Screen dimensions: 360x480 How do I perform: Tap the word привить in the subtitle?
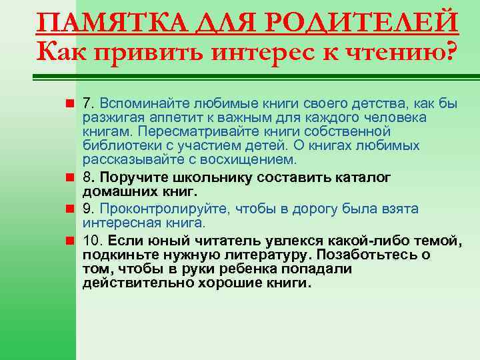click(151, 51)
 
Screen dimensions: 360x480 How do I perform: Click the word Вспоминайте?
click(141, 104)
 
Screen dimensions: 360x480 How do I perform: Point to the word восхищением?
click(253, 159)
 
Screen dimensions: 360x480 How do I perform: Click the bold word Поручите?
click(131, 178)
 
